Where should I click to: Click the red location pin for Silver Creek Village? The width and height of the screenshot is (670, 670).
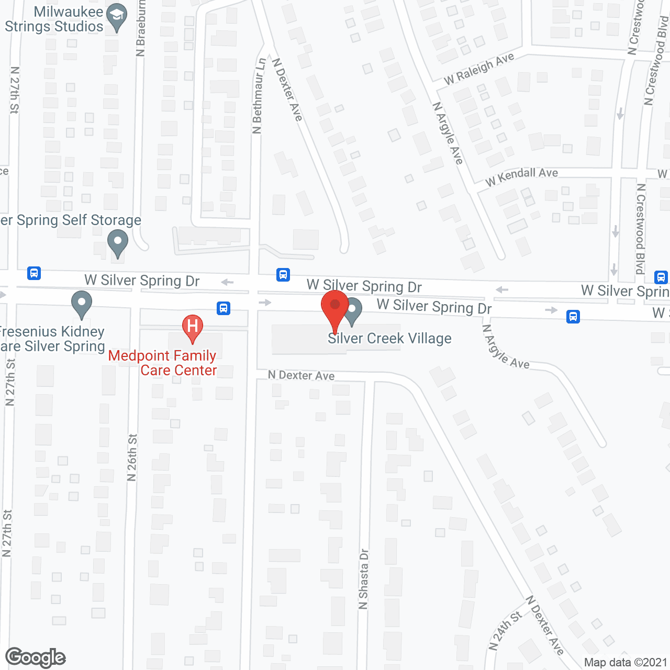pos(335,309)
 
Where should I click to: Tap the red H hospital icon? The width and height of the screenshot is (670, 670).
pos(193,327)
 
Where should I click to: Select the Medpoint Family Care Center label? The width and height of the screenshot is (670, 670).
pos(163,363)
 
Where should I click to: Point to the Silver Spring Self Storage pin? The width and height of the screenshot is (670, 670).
pos(118,243)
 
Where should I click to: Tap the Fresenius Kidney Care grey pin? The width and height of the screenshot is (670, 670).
pos(82,304)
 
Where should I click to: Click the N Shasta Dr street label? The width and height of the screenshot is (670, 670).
pos(364,579)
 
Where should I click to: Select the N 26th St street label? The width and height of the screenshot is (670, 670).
pos(132,457)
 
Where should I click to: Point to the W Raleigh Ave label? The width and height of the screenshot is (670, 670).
pos(479,69)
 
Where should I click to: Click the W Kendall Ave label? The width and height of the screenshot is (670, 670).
pos(521,176)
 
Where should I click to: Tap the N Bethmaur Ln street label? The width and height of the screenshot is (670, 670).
pos(258,96)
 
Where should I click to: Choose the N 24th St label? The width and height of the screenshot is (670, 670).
pos(505,630)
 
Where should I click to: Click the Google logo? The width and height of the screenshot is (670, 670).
pos(36,657)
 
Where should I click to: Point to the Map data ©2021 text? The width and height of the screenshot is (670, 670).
pos(626,663)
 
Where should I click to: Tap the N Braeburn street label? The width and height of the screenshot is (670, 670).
pos(140,29)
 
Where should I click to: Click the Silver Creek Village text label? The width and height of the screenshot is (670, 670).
pos(389,339)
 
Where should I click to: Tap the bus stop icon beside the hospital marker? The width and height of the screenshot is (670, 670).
pos(224,308)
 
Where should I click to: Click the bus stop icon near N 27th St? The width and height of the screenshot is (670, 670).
pos(34,273)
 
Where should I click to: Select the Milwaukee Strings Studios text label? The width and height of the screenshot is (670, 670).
pos(54,19)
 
